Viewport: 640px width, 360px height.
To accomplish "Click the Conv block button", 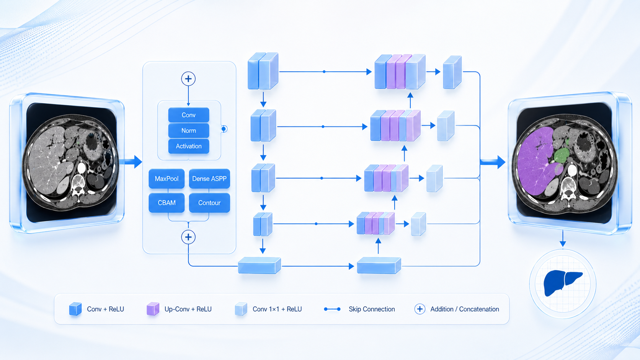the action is tap(189, 115).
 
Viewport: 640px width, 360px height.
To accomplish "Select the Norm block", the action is tap(189, 130).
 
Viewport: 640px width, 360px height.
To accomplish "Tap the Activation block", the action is tap(189, 146).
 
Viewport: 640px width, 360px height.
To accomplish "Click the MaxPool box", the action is tap(167, 179).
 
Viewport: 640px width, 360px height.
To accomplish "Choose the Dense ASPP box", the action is tap(209, 179).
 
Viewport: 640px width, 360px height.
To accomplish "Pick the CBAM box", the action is tap(167, 203).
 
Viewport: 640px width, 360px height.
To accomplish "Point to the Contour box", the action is tap(209, 203).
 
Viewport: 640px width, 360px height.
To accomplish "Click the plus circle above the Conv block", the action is tap(188, 79).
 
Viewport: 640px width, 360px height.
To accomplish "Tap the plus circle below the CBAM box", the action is tap(188, 237).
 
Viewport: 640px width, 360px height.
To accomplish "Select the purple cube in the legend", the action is tap(153, 309).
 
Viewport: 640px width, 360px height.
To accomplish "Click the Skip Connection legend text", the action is tap(372, 309).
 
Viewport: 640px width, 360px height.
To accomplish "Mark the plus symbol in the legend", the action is tap(420, 309).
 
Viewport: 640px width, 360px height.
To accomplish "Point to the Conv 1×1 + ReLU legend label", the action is tap(277, 309).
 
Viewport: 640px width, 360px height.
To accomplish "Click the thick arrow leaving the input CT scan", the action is tap(131, 161).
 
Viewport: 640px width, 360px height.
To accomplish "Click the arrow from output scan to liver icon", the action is tap(563, 238).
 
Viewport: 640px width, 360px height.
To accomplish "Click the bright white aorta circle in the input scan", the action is tap(82, 168).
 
